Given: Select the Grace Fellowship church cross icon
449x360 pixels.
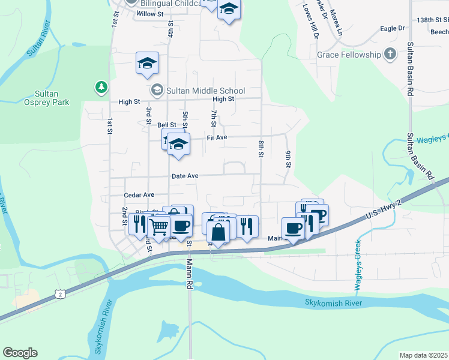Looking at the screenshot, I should tap(390, 55).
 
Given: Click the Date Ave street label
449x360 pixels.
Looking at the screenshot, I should tap(185, 176).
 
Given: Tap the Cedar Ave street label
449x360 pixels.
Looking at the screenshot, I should tap(139, 195).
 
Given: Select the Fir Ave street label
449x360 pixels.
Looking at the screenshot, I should tap(217, 137).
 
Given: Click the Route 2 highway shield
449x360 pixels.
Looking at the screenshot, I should tap(59, 293).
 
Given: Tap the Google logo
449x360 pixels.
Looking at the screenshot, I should tap(20, 353).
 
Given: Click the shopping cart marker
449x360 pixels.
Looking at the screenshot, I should tap(158, 227).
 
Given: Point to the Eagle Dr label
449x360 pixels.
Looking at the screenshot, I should tap(393, 28).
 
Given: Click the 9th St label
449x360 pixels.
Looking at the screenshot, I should tap(289, 158).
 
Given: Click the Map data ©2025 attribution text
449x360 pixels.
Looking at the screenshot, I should tap(424, 355).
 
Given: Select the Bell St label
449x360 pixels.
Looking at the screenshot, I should tap(167, 125).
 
